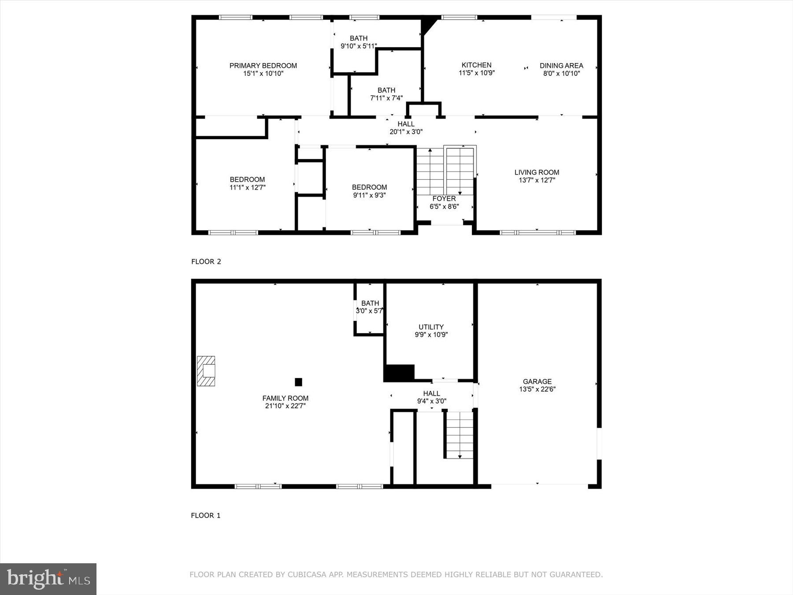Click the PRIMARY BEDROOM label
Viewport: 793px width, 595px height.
coord(263,66)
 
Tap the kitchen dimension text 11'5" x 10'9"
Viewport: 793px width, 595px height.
coord(476,73)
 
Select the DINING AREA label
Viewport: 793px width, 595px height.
coord(561,66)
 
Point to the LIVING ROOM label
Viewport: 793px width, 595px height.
coord(537,172)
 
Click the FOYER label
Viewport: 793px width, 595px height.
coord(444,199)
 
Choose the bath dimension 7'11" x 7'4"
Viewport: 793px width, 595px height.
coord(386,98)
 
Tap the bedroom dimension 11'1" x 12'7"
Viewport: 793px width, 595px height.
coord(247,187)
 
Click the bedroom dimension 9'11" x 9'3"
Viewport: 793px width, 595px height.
coord(369,195)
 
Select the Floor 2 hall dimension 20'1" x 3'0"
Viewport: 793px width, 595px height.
coord(406,131)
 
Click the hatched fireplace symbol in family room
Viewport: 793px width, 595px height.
coord(206,371)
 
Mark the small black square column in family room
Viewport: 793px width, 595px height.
coord(298,382)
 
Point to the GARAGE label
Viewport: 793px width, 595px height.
coord(537,382)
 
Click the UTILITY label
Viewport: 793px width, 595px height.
coord(431,327)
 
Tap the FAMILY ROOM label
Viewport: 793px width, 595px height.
coord(285,398)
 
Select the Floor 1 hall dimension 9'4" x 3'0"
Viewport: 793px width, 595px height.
coord(431,401)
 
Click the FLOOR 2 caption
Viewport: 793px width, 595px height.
coord(206,261)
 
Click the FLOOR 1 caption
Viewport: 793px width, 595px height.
coord(205,515)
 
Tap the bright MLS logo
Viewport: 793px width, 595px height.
coord(48,579)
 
